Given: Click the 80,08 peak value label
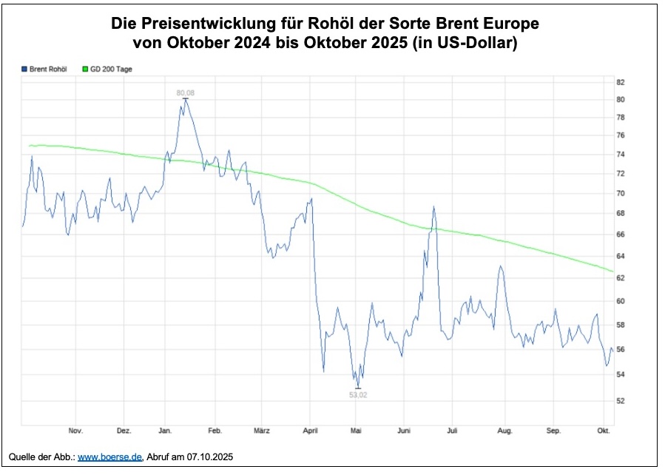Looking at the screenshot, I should [185, 92].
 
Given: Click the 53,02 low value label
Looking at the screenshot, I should [358, 395].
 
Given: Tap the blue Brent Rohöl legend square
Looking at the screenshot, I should [24, 69].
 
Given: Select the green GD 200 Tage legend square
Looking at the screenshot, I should [85, 69].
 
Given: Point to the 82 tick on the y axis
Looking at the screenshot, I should [621, 82].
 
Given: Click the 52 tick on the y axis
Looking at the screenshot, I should [621, 401].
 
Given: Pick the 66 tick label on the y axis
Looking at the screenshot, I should [621, 235].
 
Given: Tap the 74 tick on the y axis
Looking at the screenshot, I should [621, 154].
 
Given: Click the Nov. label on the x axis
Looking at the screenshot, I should [75, 431].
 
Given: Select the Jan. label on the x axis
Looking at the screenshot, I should [166, 431].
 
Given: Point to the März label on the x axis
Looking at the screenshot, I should [261, 431].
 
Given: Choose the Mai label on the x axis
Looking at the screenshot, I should [357, 431].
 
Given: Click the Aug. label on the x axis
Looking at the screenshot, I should [505, 431].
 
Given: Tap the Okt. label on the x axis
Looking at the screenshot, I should [604, 431].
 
